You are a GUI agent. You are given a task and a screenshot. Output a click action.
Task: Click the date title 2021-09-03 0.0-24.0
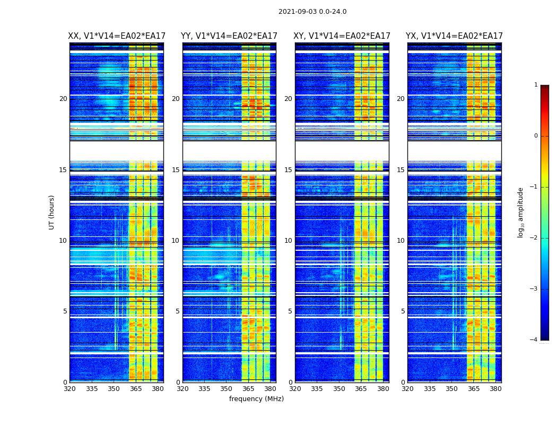pyautogui.click(x=312, y=12)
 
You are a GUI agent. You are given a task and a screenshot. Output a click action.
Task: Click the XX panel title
pyautogui.click(x=117, y=36)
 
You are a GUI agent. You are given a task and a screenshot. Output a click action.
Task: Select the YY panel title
pyautogui.click(x=229, y=36)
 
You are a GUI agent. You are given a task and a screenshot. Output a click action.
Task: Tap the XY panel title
pyautogui.click(x=342, y=36)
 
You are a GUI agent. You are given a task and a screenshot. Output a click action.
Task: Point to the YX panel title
pyautogui.click(x=454, y=36)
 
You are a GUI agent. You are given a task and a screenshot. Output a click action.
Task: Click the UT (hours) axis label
pyautogui.click(x=52, y=212)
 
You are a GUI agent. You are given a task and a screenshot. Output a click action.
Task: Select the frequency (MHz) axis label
pyautogui.click(x=256, y=399)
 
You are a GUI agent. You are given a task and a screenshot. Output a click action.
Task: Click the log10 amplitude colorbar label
pyautogui.click(x=521, y=212)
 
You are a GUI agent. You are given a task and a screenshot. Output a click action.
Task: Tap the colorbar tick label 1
pyautogui.click(x=536, y=85)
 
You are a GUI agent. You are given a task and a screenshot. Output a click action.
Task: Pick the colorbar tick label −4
pyautogui.click(x=534, y=340)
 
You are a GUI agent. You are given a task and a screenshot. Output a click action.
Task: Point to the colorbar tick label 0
pyautogui.click(x=536, y=136)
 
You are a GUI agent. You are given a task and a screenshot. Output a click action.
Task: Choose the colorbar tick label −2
pyautogui.click(x=534, y=238)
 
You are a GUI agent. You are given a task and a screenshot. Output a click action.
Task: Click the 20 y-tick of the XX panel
pyautogui.click(x=63, y=99)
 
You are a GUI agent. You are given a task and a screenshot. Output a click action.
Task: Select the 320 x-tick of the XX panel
pyautogui.click(x=69, y=389)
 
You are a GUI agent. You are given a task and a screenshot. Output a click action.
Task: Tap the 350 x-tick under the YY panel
pyautogui.click(x=227, y=389)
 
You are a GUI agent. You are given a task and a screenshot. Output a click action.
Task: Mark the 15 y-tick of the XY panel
pyautogui.click(x=288, y=170)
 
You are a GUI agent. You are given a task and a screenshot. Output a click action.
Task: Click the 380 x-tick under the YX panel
pyautogui.click(x=495, y=389)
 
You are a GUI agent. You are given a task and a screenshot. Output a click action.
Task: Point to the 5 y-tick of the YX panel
pyautogui.click(x=403, y=311)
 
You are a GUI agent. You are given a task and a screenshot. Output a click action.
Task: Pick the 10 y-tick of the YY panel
pyautogui.click(x=176, y=241)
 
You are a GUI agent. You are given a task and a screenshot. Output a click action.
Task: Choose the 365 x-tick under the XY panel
pyautogui.click(x=361, y=389)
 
